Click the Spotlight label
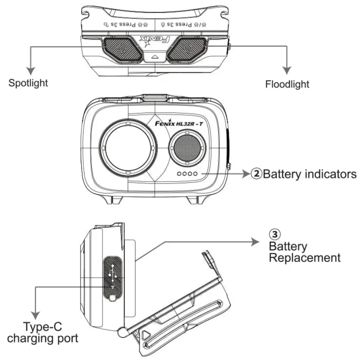28,82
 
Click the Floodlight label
287,84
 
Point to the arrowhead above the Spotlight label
29,69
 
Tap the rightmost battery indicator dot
195,174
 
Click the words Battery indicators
309,174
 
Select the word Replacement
304,258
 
